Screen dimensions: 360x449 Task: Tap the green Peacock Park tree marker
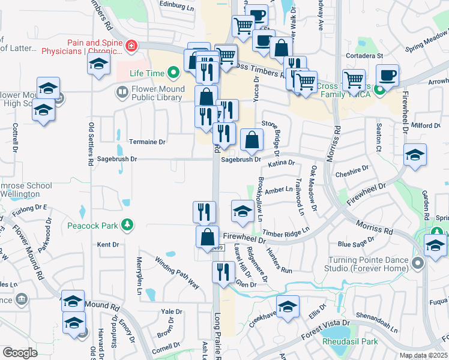[127, 224]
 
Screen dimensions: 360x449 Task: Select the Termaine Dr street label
[147, 142]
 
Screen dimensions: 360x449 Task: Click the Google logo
[20, 352]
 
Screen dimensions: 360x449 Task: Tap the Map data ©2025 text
[423, 355]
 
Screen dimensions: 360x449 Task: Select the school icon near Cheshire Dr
[415, 155]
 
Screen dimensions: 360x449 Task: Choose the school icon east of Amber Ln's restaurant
[243, 211]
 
